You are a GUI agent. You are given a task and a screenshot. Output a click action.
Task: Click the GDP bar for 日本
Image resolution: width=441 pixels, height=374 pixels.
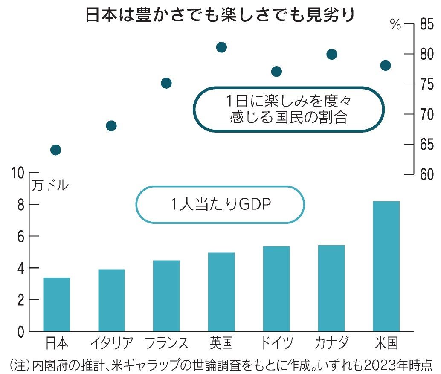click(56, 304)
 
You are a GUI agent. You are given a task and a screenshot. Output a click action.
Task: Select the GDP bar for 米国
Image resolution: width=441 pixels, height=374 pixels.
click(386, 266)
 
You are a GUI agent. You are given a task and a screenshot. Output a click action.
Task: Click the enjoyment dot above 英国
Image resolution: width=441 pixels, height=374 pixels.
click(221, 47)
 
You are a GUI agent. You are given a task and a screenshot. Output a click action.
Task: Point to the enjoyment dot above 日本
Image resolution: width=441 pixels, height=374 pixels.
click(55, 150)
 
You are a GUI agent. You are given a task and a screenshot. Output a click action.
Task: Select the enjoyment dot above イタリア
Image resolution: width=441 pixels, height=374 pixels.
click(111, 126)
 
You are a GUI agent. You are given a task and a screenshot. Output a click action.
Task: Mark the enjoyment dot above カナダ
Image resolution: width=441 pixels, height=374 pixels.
click(331, 54)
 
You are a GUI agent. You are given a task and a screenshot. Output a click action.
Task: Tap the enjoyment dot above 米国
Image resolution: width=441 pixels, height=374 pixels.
click(386, 65)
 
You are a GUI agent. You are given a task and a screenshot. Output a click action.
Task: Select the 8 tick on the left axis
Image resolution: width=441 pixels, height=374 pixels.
click(20, 205)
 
